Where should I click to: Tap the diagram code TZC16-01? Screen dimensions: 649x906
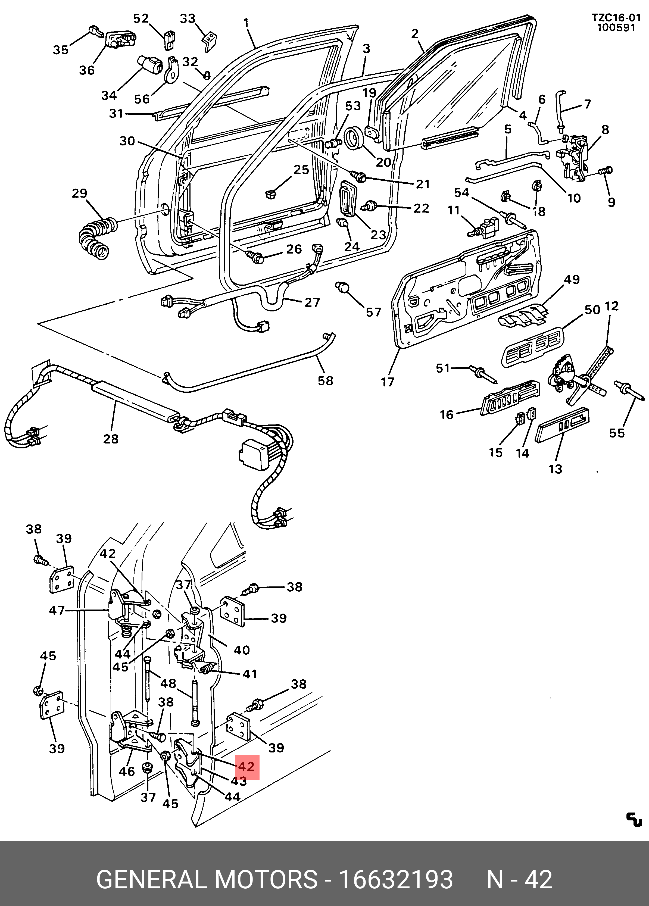coord(616,18)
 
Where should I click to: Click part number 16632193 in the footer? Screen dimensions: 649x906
coord(396,879)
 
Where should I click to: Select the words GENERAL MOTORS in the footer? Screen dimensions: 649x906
coord(207,879)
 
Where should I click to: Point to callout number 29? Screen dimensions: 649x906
coord(80,193)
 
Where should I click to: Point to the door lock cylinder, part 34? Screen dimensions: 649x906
coord(149,64)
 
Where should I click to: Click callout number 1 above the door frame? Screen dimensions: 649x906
coord(246,23)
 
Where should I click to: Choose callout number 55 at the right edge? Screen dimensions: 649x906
coord(617,433)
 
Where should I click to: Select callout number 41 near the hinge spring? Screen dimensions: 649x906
coord(250,674)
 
